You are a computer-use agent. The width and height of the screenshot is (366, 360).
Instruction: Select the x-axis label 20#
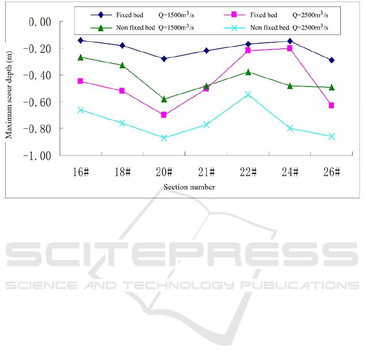(164, 172)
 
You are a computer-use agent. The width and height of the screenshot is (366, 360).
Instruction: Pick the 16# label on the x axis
(80, 172)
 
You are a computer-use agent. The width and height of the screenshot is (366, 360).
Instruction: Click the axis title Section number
(189, 187)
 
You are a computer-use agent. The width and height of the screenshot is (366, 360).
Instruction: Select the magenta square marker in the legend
(234, 15)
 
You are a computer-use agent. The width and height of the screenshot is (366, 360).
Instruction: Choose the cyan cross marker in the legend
(234, 28)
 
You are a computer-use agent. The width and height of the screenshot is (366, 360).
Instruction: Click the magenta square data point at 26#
(331, 105)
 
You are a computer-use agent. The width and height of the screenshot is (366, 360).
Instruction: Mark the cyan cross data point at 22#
(248, 94)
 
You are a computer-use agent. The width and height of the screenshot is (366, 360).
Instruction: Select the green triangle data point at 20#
(164, 99)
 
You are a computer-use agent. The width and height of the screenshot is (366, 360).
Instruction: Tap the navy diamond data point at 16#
(80, 40)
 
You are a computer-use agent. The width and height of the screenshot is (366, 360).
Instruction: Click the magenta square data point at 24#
(290, 48)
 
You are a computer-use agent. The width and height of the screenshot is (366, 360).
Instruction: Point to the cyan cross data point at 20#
(164, 138)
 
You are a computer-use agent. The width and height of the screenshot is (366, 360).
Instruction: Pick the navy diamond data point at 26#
(331, 60)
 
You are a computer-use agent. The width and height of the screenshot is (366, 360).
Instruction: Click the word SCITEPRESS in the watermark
(183, 256)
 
